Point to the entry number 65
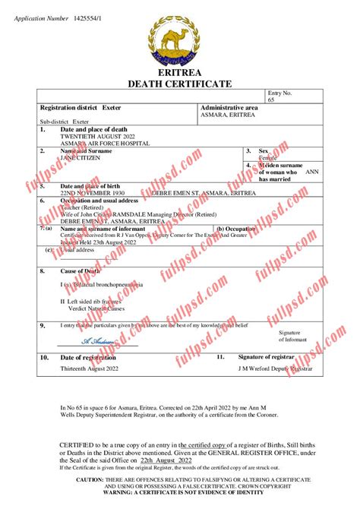(271, 100)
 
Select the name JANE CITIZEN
(80, 157)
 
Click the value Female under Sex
(269, 157)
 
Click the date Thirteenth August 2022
(90, 368)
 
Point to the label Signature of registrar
(266, 356)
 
